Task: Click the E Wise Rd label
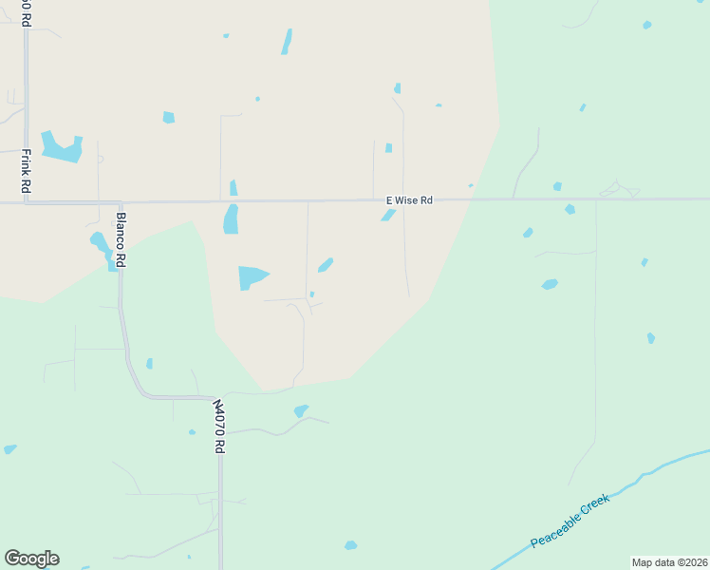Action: [409, 200]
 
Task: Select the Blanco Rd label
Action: [121, 238]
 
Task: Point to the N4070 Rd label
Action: [219, 426]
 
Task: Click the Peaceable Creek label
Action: [570, 521]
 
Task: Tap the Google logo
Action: [31, 559]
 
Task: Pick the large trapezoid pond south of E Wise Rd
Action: [252, 277]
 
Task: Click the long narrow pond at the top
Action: [287, 42]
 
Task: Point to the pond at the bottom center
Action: [350, 545]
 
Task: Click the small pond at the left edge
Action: [9, 448]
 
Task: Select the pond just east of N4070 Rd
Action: [300, 410]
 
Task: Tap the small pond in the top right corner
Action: [647, 25]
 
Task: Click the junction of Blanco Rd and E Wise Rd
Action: [121, 202]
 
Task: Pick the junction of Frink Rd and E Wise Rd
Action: [27, 201]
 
